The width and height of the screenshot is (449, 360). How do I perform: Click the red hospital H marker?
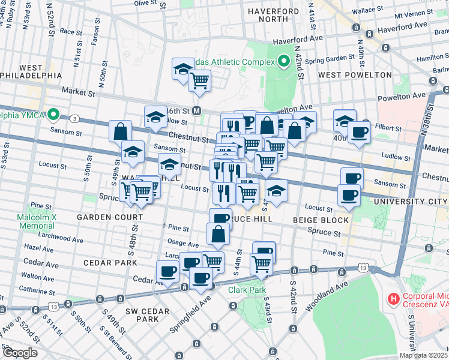[x=393, y=298]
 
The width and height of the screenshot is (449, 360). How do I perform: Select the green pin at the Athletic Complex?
[x=283, y=61]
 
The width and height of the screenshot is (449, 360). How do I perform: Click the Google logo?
[x=19, y=353]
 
